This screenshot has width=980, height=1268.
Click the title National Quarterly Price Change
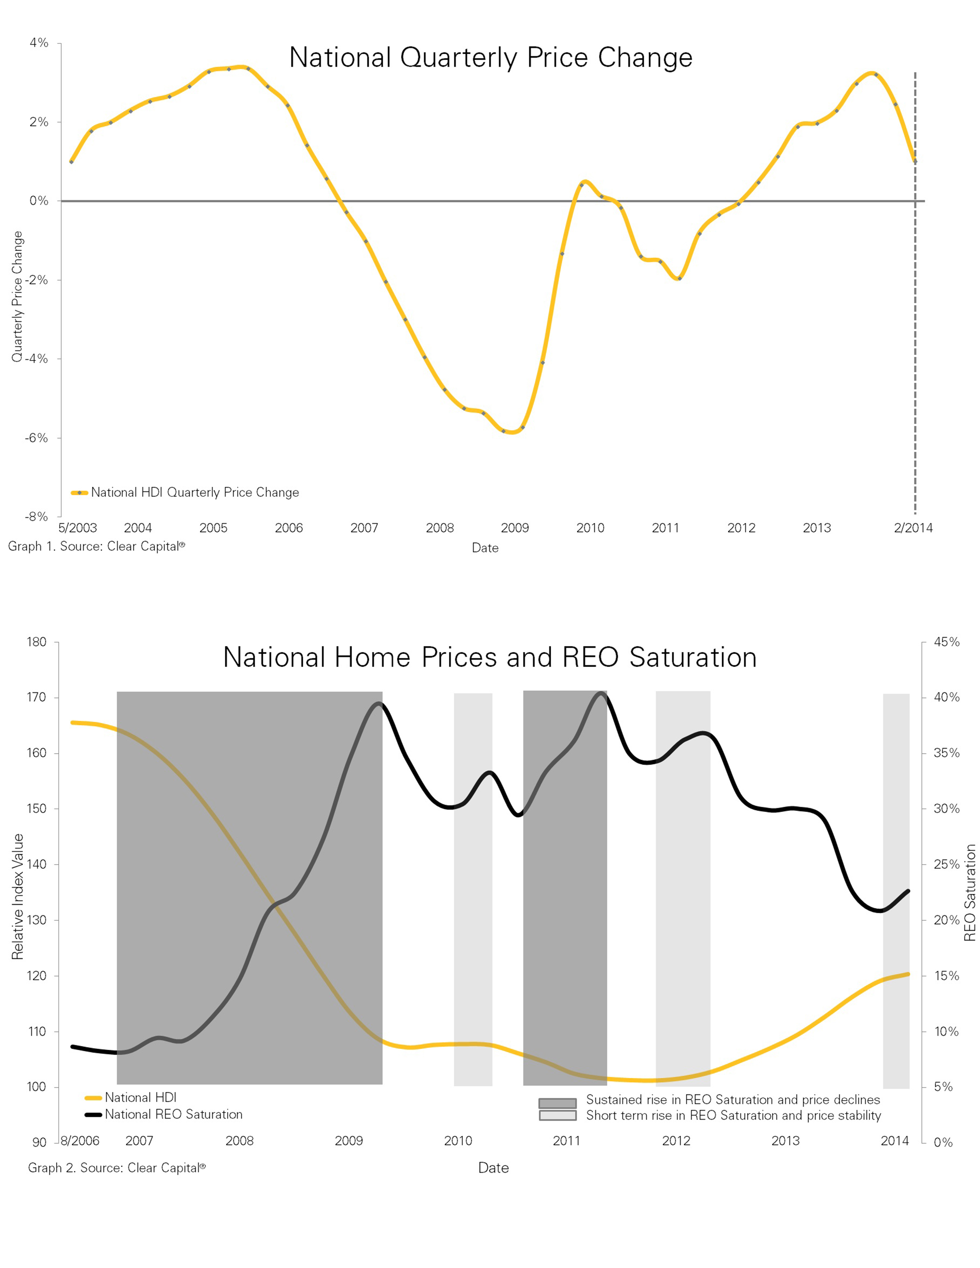(x=491, y=58)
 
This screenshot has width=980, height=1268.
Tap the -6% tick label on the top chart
(x=36, y=438)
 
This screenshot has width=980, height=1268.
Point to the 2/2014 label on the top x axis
(x=913, y=528)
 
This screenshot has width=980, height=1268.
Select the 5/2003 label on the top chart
(x=77, y=528)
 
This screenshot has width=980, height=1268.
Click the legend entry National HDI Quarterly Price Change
(x=194, y=492)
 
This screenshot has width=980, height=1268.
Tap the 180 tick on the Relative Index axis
(x=36, y=642)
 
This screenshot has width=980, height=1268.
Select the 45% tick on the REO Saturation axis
(x=946, y=642)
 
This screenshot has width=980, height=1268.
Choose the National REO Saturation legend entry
(x=173, y=1114)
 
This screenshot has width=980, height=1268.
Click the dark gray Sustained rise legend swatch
(x=557, y=1102)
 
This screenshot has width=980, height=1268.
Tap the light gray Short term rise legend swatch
(x=557, y=1115)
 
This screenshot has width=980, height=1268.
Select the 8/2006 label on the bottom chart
(x=80, y=1140)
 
